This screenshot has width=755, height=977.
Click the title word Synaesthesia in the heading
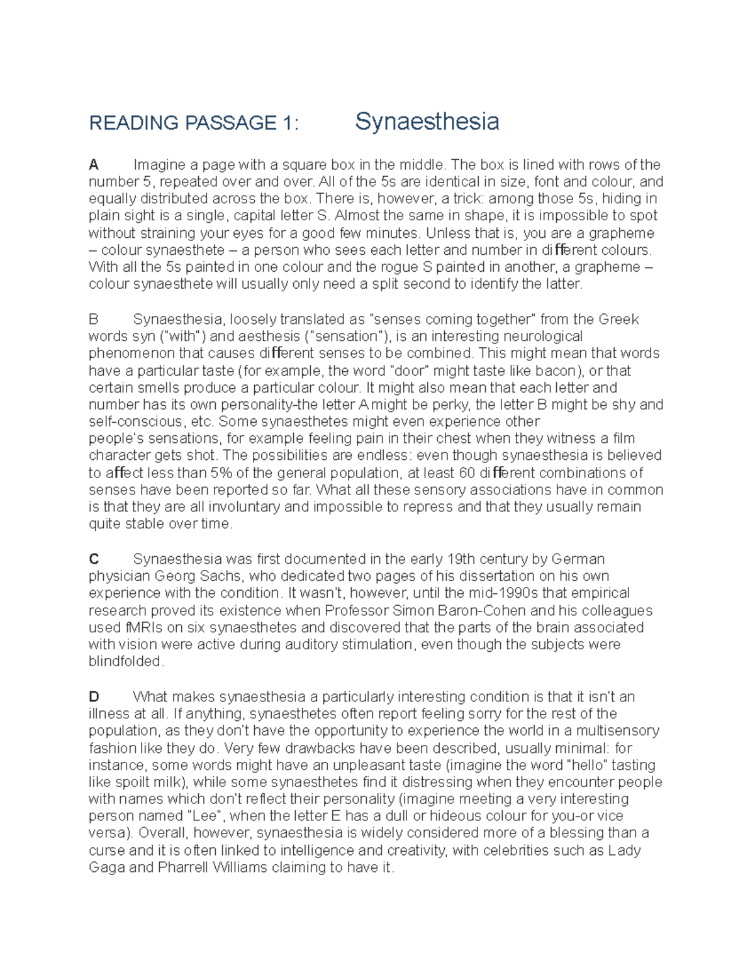(427, 121)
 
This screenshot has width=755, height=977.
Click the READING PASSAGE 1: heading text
(194, 123)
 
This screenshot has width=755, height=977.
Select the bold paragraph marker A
(94, 165)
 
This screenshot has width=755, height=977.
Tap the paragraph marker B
(94, 320)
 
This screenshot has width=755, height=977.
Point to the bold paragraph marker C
(94, 559)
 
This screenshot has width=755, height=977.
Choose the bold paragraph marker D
(94, 697)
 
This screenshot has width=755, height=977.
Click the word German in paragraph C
(578, 559)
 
